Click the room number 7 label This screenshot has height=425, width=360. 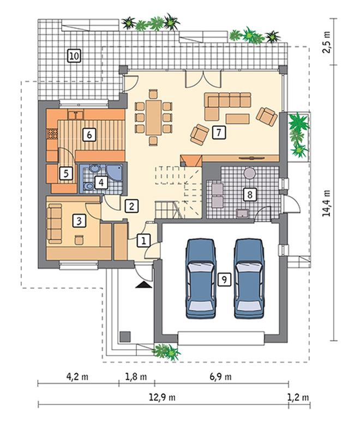point(219,132)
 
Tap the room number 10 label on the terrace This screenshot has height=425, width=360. point(74,56)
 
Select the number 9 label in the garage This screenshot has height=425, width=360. point(224,280)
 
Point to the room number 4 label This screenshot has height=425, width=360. point(101,183)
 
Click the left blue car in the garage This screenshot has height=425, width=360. point(201,278)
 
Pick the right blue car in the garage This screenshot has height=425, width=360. point(249,278)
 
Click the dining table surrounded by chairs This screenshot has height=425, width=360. point(154,117)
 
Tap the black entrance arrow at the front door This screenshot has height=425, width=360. point(144,284)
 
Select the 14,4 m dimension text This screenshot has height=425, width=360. point(327,203)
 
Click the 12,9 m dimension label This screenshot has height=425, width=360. point(162,397)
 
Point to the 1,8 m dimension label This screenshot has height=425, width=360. point(136,377)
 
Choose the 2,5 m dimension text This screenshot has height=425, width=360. point(327,42)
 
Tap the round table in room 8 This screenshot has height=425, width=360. point(250,173)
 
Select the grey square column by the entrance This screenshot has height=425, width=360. point(125,336)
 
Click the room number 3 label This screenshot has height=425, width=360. point(79,221)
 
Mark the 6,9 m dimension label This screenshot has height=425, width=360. point(221,377)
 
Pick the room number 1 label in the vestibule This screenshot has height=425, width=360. point(143,240)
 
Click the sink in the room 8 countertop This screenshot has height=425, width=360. point(243,213)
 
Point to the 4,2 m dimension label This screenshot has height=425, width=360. point(77,377)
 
